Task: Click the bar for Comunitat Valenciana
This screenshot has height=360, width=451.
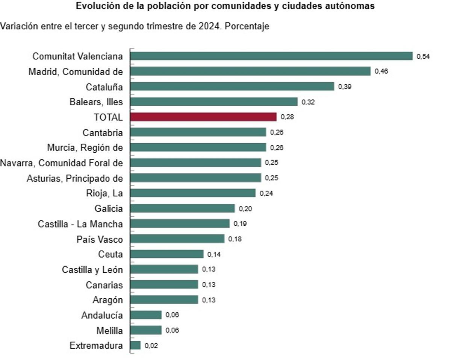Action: pos(271,56)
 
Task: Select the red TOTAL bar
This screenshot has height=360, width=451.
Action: pos(203,117)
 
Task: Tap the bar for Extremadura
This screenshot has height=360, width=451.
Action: pos(135,345)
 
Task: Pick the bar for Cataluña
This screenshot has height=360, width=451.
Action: pos(232,87)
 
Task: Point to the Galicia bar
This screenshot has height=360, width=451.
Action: pos(182,208)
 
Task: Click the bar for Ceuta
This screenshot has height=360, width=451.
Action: pos(167,254)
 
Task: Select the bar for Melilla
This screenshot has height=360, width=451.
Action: pos(146,330)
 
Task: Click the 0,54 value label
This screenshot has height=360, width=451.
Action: pos(423,56)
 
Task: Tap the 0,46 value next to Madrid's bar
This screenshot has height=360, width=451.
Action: pos(381,71)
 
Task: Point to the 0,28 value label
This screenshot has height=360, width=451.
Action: pos(287,117)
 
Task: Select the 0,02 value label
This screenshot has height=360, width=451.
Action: pos(151,346)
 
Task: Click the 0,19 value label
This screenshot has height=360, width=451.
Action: pos(240,224)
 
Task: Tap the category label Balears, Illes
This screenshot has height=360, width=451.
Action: pos(96,102)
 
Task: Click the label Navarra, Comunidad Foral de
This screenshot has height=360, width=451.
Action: pos(62,163)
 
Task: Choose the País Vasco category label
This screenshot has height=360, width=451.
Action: pos(100,239)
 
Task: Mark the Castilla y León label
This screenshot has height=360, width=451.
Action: pos(92,270)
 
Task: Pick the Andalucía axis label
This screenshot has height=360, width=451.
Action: pos(102,315)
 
